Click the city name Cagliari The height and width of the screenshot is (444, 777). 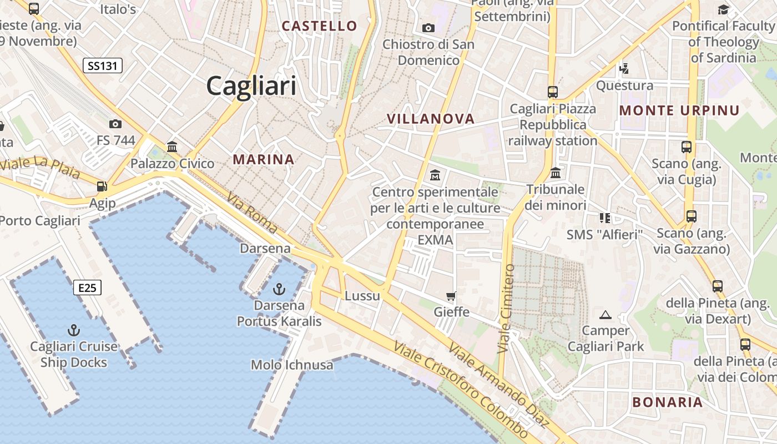pos(251,87)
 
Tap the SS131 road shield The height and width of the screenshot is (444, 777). pos(103,66)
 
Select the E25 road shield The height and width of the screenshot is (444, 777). pos(87,287)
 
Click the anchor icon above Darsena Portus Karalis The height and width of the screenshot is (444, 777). pos(279,289)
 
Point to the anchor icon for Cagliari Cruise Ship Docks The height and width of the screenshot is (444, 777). pos(73,330)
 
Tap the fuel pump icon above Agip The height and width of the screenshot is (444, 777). pos(102,186)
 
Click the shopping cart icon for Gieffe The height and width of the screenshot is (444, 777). pos(451,296)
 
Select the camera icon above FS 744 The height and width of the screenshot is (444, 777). pos(115,124)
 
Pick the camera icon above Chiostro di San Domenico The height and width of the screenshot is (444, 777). pos(428,28)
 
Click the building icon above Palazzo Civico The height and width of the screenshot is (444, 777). pos(172,147)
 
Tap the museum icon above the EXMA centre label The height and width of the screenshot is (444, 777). pos(435,175)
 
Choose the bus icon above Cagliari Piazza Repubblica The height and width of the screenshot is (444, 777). pos(552,92)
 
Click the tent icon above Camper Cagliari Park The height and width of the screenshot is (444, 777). pos(606,315)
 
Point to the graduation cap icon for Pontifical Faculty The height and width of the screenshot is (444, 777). pos(723,9)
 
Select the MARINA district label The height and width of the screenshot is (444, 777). pos(264,160)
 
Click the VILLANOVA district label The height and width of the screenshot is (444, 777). pos(431,119)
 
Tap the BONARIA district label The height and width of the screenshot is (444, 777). pos(668,402)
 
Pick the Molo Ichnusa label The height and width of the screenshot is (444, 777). pos(292,365)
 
